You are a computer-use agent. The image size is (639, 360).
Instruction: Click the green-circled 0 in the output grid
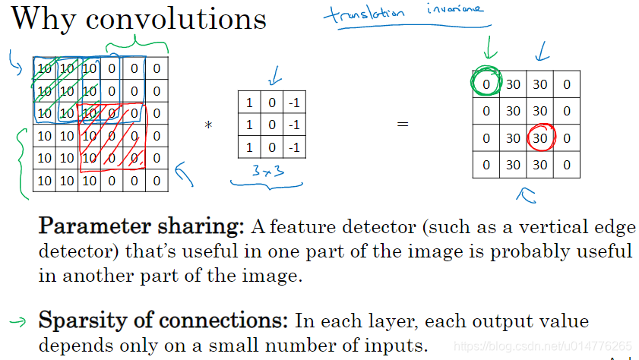(486, 84)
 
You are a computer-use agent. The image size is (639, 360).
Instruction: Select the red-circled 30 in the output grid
(539, 137)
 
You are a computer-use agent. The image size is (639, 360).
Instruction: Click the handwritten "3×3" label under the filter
(268, 174)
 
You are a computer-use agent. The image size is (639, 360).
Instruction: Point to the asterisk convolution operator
(207, 125)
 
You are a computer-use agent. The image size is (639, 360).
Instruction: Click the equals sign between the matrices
(403, 123)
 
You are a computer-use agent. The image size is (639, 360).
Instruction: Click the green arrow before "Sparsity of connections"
(17, 321)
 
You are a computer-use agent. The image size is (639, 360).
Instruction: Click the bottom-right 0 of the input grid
(157, 180)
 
